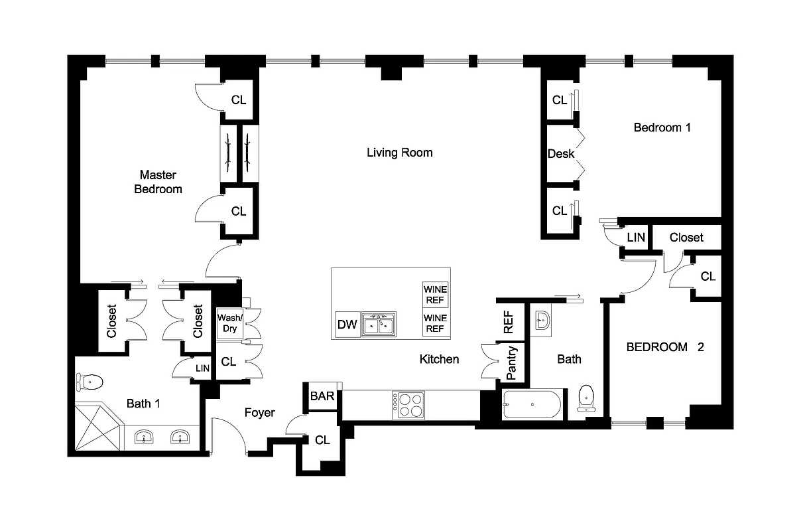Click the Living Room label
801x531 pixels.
coord(399,153)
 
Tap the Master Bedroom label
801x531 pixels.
coord(158,182)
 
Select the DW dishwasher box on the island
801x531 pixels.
coord(347,325)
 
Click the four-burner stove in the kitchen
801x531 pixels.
coord(408,404)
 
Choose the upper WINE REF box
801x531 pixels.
coord(436,294)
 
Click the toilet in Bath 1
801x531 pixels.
coord(90,382)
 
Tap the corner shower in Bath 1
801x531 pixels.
coord(96,429)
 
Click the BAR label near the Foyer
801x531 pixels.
coord(322,396)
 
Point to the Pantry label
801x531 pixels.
coord(511,362)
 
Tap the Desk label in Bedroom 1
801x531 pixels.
coord(560,154)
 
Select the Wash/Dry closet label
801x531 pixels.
coord(230,323)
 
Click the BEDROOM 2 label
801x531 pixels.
coord(664,346)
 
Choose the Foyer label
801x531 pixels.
coord(259,413)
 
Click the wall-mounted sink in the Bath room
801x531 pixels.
coord(542,320)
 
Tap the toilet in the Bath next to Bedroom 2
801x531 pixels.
coord(586,398)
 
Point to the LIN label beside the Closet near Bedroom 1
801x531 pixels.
coord(635,238)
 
